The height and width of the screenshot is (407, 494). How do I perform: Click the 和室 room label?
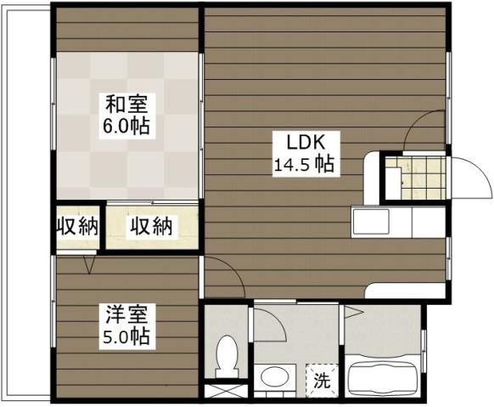click(127, 105)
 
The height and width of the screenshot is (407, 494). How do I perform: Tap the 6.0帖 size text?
click(127, 127)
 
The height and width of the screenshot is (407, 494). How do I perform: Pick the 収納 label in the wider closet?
click(151, 226)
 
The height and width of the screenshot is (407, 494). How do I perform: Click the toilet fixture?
click(227, 355)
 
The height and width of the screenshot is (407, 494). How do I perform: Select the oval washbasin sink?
click(273, 376)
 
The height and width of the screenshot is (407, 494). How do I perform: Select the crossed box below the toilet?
click(224, 393)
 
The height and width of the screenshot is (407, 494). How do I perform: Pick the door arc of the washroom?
click(270, 321)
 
